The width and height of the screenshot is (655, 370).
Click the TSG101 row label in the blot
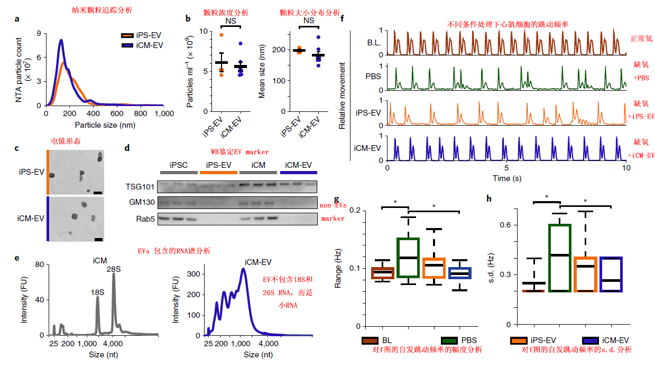coord(141,186)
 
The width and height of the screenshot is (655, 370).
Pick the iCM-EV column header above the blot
coord(299,164)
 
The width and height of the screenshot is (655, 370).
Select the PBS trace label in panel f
coord(374,76)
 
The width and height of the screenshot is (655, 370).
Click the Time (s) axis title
coord(506,178)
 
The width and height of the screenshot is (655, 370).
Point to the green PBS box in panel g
coord(408,258)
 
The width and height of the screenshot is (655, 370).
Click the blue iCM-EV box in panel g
coord(459,273)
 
